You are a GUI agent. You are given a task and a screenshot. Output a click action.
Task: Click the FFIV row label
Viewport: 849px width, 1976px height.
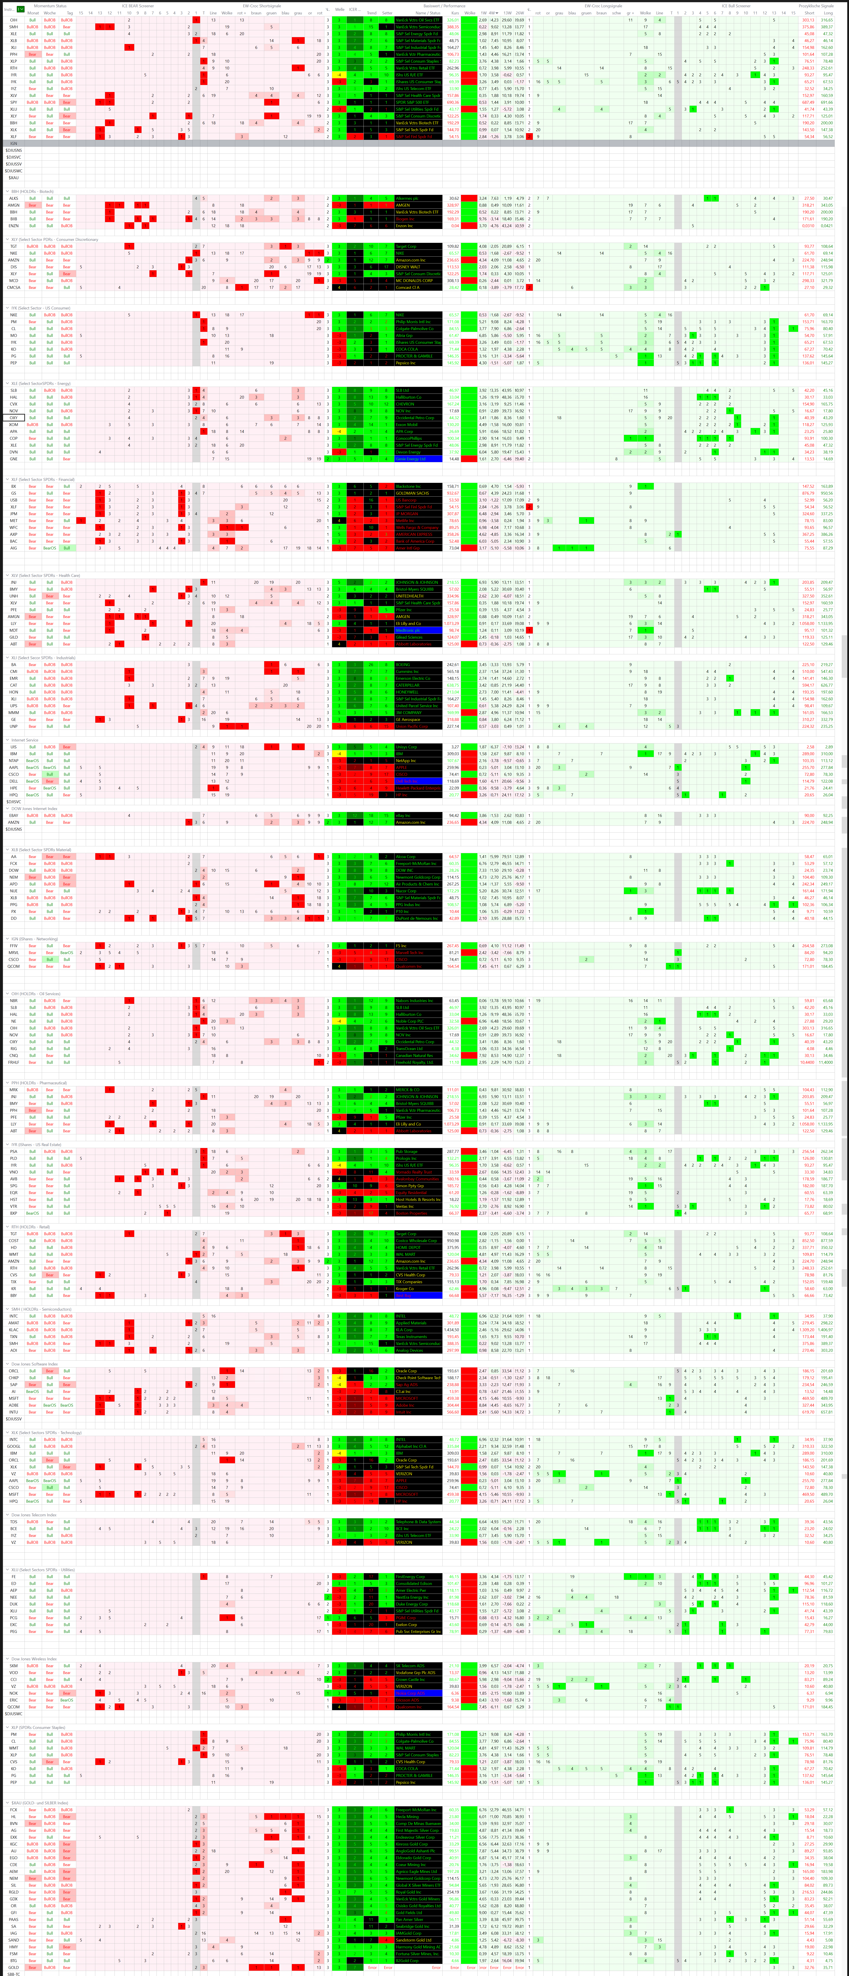tap(13, 946)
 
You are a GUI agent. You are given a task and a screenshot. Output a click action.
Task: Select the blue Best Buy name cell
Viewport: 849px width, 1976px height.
tap(418, 1296)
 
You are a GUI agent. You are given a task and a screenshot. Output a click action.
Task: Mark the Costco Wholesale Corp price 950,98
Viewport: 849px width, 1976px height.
tap(453, 1240)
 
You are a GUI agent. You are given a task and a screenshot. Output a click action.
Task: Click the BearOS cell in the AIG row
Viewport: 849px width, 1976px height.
tap(49, 548)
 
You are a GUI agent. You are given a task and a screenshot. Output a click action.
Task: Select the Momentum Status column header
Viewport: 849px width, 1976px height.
tap(50, 5)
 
